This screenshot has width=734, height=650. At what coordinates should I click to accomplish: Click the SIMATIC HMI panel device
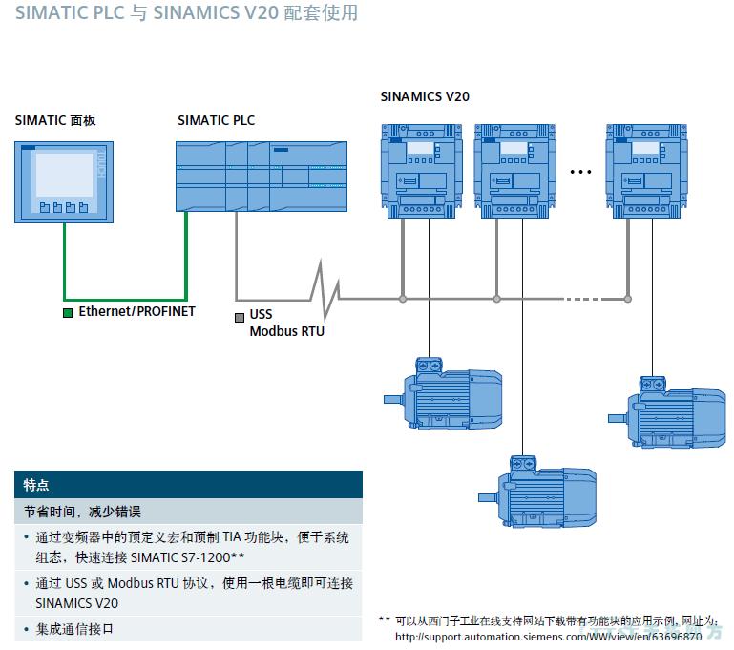63,181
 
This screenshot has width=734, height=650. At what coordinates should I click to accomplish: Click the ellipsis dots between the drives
581,172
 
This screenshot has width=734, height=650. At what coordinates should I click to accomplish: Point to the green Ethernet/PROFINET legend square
68,312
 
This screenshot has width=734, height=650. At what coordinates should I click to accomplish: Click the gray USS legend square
240,316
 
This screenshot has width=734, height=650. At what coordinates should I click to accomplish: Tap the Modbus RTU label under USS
287,331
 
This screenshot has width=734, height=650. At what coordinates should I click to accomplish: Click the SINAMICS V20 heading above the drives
425,96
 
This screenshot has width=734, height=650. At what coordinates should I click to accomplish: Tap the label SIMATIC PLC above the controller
217,120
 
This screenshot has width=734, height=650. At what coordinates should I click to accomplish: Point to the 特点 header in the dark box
36,485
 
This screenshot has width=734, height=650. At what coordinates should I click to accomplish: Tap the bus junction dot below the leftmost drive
403,299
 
